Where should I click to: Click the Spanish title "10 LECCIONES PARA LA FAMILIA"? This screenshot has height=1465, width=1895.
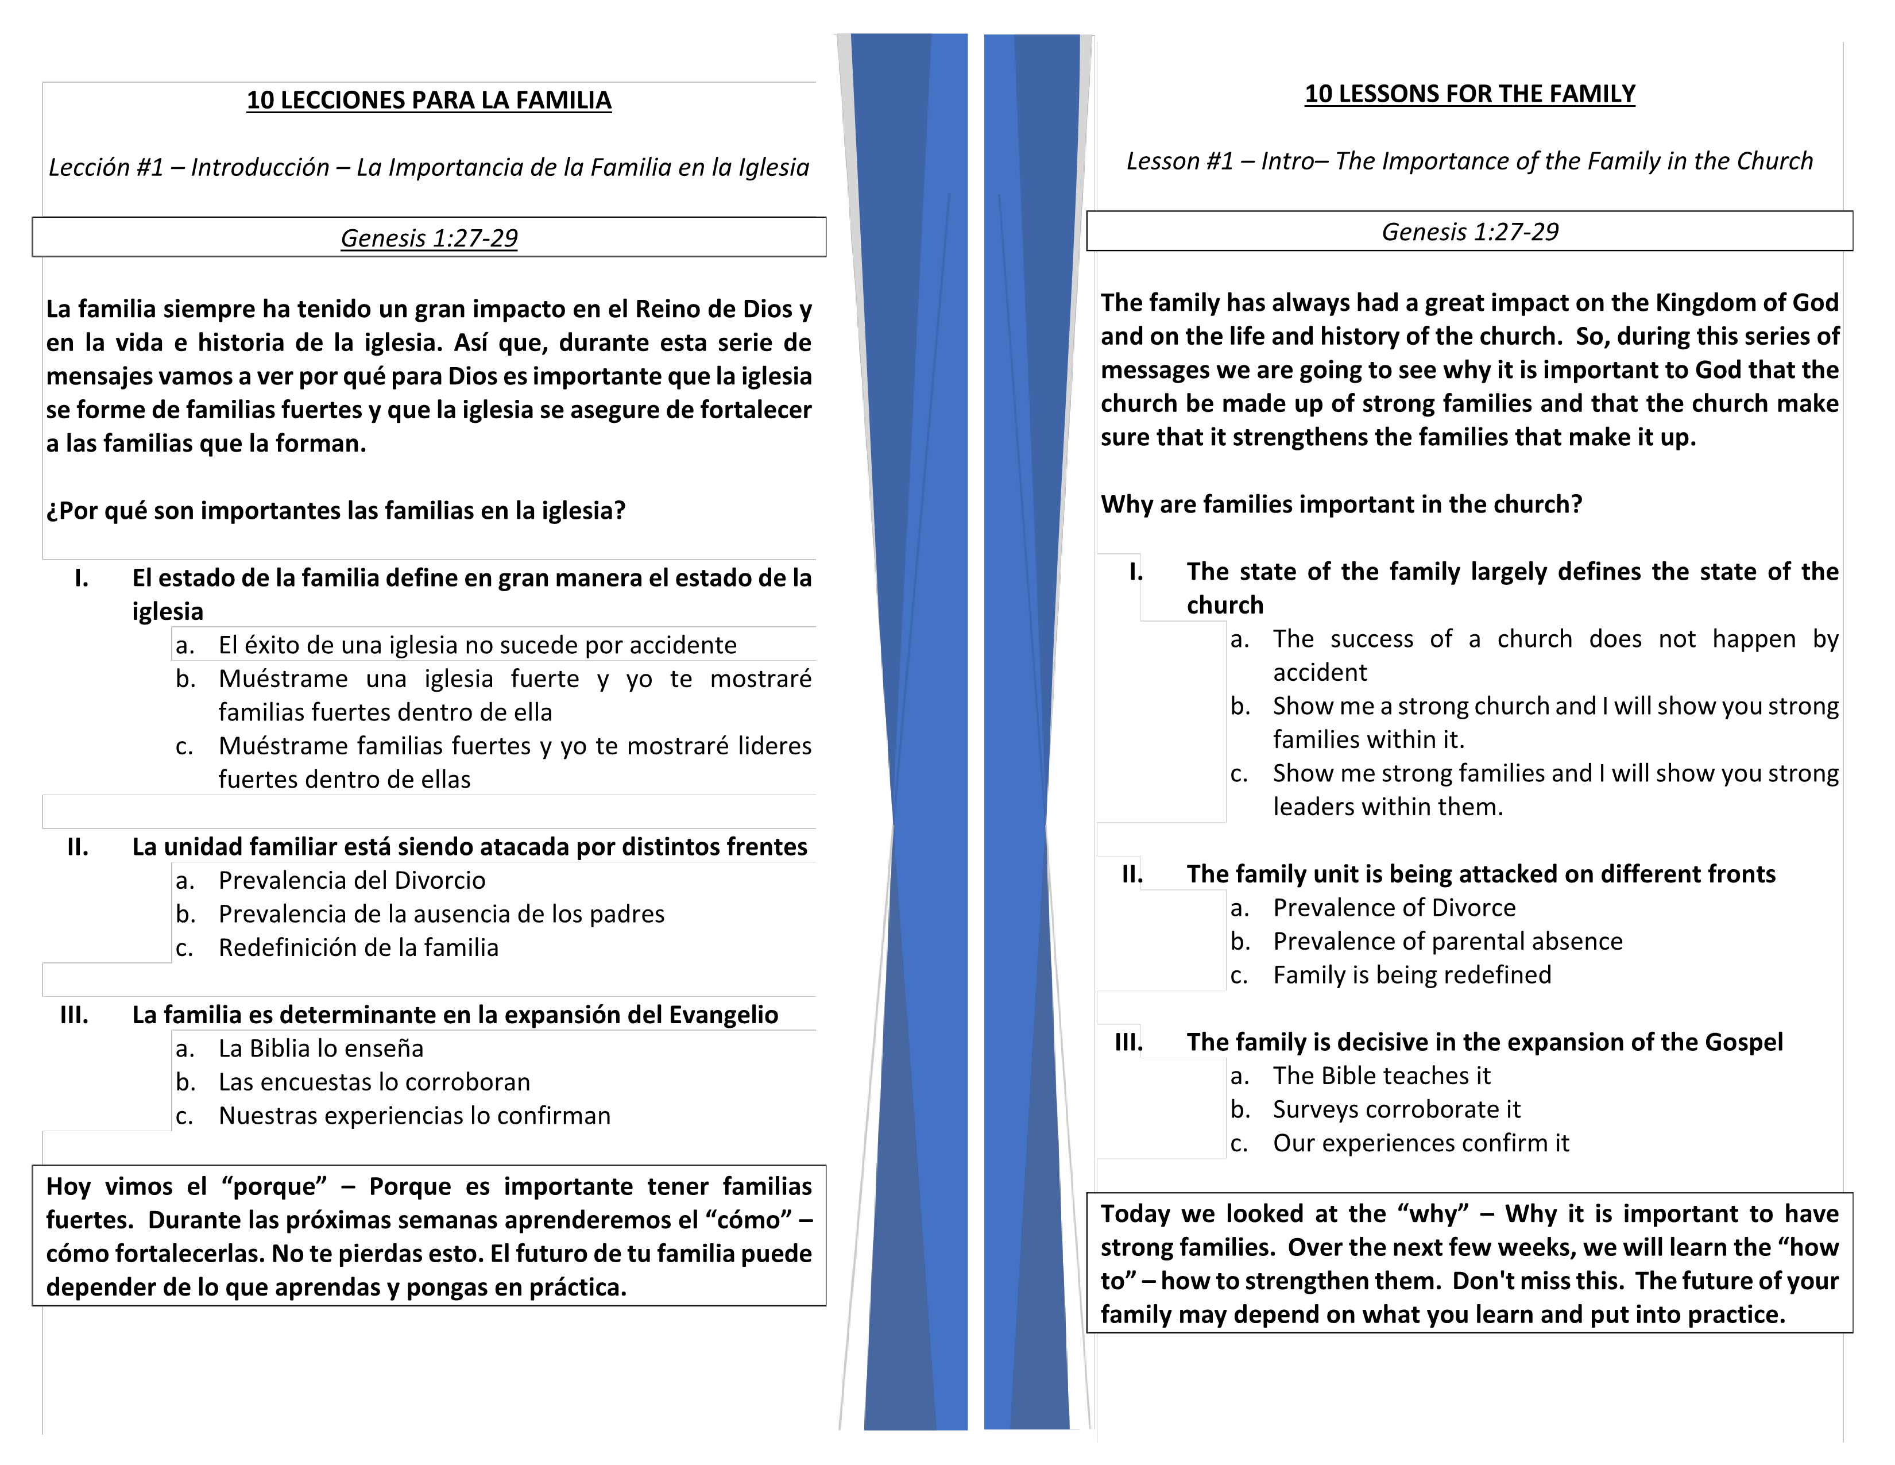click(x=428, y=100)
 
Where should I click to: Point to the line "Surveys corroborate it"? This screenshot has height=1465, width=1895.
click(x=1396, y=1109)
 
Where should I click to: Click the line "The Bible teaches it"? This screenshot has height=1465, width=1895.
click(x=1381, y=1075)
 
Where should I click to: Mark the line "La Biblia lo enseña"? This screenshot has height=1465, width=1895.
click(x=321, y=1048)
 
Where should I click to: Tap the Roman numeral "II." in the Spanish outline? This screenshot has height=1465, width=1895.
click(x=78, y=846)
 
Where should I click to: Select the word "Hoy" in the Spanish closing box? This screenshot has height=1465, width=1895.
click(x=68, y=1186)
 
